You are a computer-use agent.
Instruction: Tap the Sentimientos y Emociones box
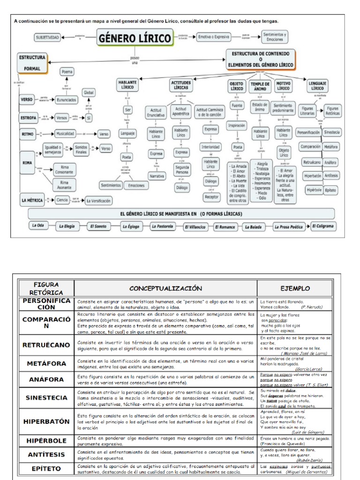pyautogui.click(x=274, y=37)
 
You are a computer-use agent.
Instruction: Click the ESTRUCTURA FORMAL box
pyautogui.click(x=32, y=63)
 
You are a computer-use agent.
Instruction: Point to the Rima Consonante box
pyautogui.click(x=64, y=169)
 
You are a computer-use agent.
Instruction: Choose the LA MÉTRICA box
pyautogui.click(x=32, y=200)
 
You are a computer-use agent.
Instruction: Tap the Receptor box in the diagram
pyautogui.click(x=212, y=197)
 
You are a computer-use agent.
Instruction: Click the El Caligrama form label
pyautogui.click(x=323, y=225)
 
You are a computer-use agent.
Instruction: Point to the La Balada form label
pyautogui.click(x=253, y=226)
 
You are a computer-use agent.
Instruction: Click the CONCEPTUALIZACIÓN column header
pyautogui.click(x=165, y=288)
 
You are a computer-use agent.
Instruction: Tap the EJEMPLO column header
pyautogui.click(x=295, y=288)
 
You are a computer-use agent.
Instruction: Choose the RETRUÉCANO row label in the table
pyautogui.click(x=46, y=345)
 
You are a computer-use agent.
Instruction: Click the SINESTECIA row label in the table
pyautogui.click(x=46, y=397)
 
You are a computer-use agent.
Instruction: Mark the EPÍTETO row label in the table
pyautogui.click(x=46, y=469)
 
